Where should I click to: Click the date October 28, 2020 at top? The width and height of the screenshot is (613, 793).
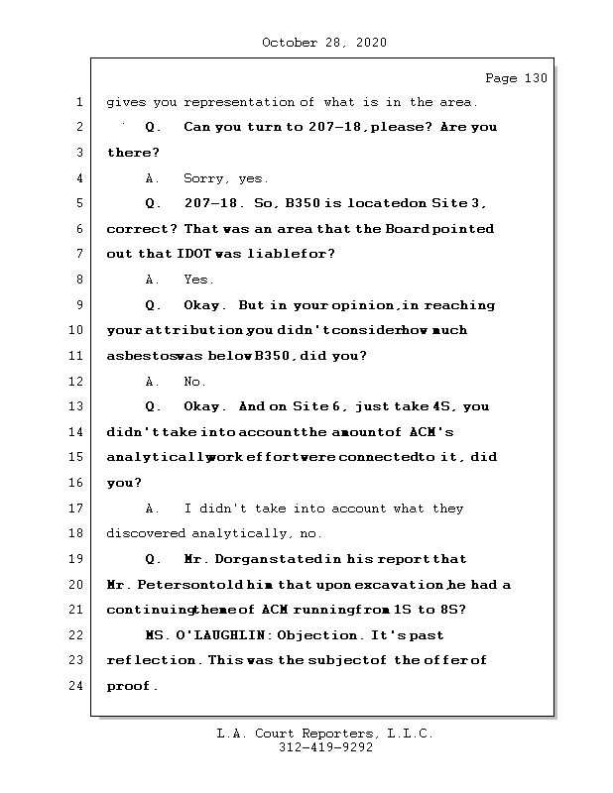(324, 43)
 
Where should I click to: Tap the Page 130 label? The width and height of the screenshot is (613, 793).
(516, 78)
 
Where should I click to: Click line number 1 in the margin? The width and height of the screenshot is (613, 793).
(79, 101)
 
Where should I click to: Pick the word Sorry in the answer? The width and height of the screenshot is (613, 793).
(205, 178)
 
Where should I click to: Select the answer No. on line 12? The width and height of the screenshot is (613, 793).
(195, 382)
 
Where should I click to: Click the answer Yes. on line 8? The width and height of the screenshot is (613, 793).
(198, 280)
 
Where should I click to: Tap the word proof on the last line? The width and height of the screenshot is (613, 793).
(130, 686)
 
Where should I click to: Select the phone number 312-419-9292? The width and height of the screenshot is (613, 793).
(324, 748)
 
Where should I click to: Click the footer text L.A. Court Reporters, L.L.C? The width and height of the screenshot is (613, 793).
(324, 735)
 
